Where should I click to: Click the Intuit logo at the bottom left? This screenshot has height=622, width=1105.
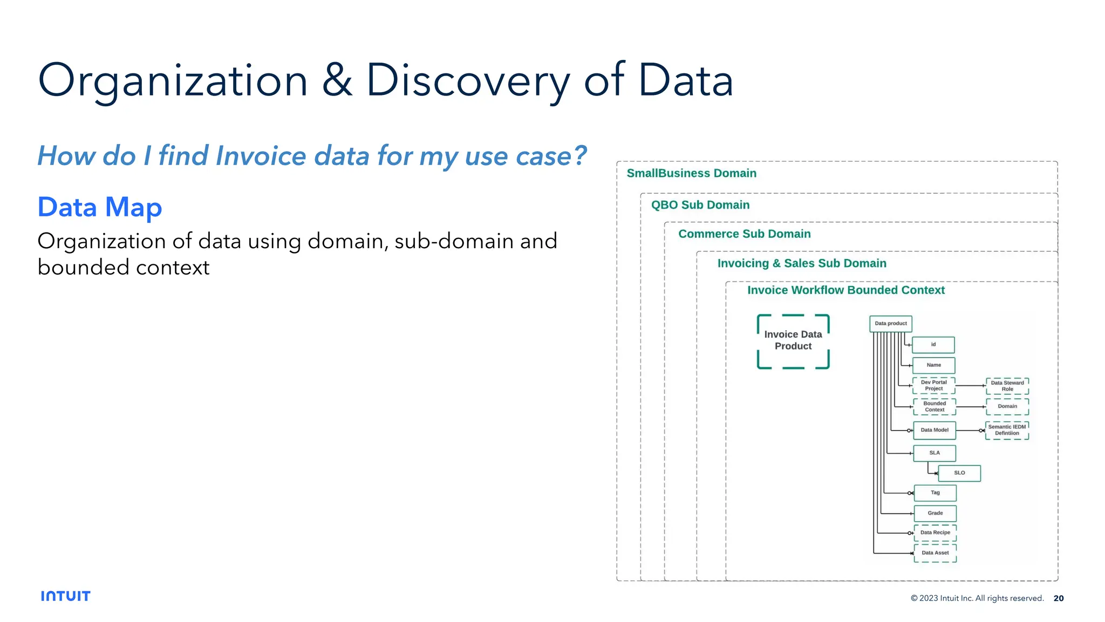pyautogui.click(x=65, y=596)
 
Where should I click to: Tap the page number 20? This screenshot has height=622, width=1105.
pyautogui.click(x=1058, y=598)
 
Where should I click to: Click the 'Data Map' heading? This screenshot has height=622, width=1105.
pyautogui.click(x=100, y=207)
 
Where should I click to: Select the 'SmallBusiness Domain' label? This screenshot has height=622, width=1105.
pyautogui.click(x=691, y=173)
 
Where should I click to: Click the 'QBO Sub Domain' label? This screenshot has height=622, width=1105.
pyautogui.click(x=700, y=205)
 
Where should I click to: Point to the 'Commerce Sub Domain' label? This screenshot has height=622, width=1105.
pyautogui.click(x=744, y=234)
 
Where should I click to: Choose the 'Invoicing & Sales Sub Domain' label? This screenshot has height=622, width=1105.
pyautogui.click(x=801, y=263)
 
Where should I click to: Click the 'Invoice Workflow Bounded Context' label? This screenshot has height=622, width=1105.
pyautogui.click(x=845, y=290)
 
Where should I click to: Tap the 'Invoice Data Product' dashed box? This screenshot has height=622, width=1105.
pyautogui.click(x=793, y=341)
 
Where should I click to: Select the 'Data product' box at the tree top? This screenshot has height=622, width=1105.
pyautogui.click(x=890, y=324)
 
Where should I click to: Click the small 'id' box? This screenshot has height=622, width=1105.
pyautogui.click(x=933, y=345)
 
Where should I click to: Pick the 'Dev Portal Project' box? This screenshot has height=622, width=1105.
pyautogui.click(x=933, y=385)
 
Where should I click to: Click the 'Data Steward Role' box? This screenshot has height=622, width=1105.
pyautogui.click(x=1007, y=386)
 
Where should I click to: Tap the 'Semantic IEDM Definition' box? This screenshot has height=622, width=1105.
pyautogui.click(x=1007, y=430)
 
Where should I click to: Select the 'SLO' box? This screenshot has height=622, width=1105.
pyautogui.click(x=959, y=473)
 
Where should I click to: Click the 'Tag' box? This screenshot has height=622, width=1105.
pyautogui.click(x=935, y=493)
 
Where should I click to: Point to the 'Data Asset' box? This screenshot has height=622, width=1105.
pyautogui.click(x=935, y=553)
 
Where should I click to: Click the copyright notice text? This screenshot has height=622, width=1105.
pyautogui.click(x=977, y=598)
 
